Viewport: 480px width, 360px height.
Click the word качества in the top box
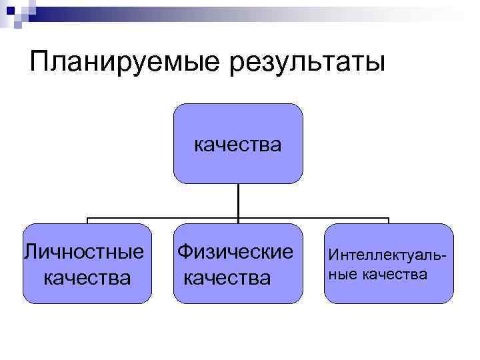[x=237, y=144]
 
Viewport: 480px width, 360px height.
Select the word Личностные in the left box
[x=84, y=252]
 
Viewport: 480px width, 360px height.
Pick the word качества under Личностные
[x=87, y=276]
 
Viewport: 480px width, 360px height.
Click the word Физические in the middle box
[x=235, y=252]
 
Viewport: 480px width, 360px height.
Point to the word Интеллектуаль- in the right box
[x=388, y=255]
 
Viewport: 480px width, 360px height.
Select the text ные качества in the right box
[x=378, y=273]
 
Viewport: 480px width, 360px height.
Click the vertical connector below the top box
[x=238, y=200]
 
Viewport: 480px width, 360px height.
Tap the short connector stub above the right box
[x=388, y=221]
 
